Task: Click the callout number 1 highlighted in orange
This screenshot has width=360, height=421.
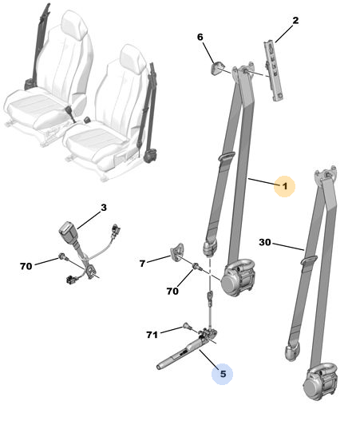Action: (285, 186)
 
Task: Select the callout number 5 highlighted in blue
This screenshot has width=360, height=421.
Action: (223, 374)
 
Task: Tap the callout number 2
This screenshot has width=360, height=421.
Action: (295, 21)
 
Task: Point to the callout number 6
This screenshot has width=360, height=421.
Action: (200, 37)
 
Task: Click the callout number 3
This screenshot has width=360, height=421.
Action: (104, 208)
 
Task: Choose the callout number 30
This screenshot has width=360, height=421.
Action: (265, 242)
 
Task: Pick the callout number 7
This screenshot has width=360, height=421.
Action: (142, 264)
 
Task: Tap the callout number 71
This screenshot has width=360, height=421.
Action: (152, 335)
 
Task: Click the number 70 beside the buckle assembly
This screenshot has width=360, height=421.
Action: (26, 266)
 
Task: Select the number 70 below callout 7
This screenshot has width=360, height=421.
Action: (172, 291)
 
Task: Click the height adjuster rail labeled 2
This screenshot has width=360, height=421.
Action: (274, 71)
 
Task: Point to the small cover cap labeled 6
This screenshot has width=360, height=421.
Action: (216, 68)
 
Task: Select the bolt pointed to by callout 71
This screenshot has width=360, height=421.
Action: (188, 327)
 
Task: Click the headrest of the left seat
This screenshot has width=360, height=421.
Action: (74, 25)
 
